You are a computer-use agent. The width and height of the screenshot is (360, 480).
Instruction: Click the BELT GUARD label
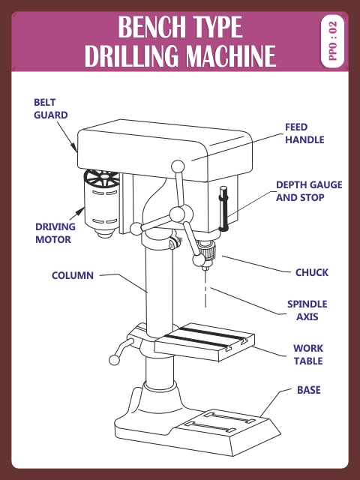point(50,109)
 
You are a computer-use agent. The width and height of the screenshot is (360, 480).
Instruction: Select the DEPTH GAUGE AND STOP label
point(300,191)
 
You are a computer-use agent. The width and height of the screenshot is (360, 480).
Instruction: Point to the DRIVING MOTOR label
point(53,233)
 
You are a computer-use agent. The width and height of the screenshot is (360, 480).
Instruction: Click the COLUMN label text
point(73,275)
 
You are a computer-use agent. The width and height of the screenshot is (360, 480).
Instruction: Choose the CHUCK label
point(311,272)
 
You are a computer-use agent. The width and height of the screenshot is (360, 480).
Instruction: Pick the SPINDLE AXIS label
point(307,310)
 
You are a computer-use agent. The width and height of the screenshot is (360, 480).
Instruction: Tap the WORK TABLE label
point(307,355)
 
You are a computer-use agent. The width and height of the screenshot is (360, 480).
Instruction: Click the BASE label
point(308,390)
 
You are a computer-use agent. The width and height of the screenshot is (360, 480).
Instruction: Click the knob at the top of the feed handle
point(178,166)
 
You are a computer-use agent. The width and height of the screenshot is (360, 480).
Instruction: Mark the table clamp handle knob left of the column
point(115,360)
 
